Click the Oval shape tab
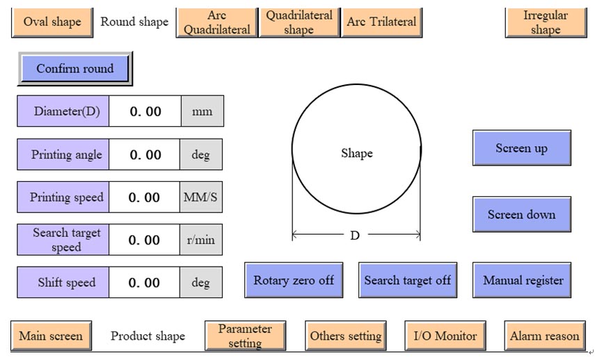[52, 22]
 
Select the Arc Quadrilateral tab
[217, 22]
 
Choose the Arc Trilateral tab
[381, 22]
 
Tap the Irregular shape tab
[546, 22]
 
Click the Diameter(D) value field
[145, 111]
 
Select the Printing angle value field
[145, 155]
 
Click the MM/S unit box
[201, 197]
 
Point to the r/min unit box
[201, 240]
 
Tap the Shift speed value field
[145, 283]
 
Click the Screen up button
[521, 148]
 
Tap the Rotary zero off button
[294, 281]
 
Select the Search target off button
[407, 281]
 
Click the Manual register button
[523, 281]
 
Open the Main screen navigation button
[51, 336]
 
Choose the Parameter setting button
[245, 336]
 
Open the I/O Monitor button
[445, 336]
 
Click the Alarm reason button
[544, 336]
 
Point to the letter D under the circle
[355, 235]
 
